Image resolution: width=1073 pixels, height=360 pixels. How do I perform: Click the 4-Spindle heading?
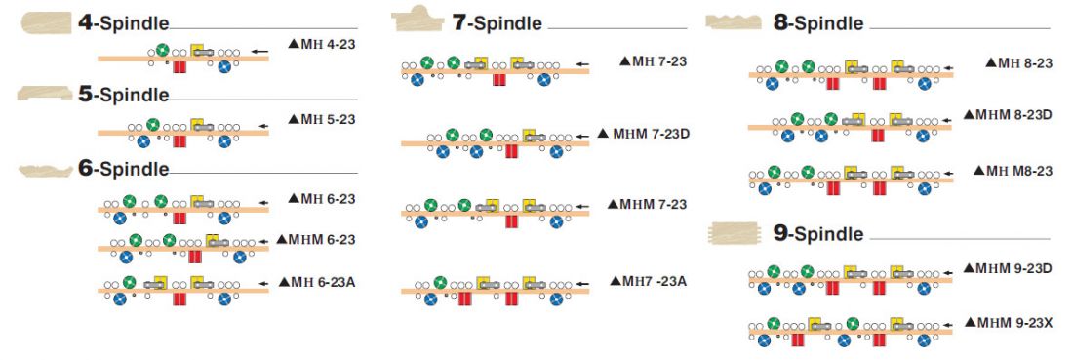coord(123,22)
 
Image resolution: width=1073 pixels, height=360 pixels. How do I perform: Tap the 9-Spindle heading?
coord(818,234)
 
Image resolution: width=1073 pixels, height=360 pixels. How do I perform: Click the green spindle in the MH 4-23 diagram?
coord(162,50)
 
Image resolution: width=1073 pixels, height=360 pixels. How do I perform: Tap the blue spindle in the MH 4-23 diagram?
coord(223,67)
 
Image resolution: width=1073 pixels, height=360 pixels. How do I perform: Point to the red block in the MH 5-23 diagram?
coord(179,141)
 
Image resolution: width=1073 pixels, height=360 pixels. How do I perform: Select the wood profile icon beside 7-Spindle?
coord(418,20)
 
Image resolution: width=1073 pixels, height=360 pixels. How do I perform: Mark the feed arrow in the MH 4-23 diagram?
coord(258,51)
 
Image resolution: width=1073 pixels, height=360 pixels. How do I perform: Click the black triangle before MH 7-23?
coord(624,60)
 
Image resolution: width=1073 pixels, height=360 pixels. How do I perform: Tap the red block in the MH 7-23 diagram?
coord(499,79)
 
